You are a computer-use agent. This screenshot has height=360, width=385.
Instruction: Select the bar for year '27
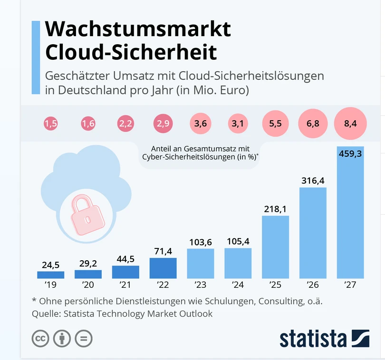[350, 214]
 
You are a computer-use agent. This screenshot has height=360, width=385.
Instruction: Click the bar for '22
[163, 268]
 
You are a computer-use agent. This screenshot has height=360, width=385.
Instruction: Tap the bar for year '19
[50, 275]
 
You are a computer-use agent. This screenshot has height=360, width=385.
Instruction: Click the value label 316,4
[313, 180]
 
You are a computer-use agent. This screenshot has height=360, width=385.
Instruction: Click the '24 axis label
[238, 285]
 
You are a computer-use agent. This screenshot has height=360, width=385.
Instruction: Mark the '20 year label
[88, 285]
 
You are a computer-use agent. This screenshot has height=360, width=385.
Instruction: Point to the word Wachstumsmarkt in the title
[138, 29]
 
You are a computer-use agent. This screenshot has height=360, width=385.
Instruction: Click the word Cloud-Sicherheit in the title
[131, 52]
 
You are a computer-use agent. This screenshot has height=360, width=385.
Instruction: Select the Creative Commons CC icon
[41, 338]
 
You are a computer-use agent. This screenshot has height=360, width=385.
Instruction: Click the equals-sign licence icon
[84, 338]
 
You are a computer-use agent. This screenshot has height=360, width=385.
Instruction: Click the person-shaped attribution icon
[62, 338]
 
